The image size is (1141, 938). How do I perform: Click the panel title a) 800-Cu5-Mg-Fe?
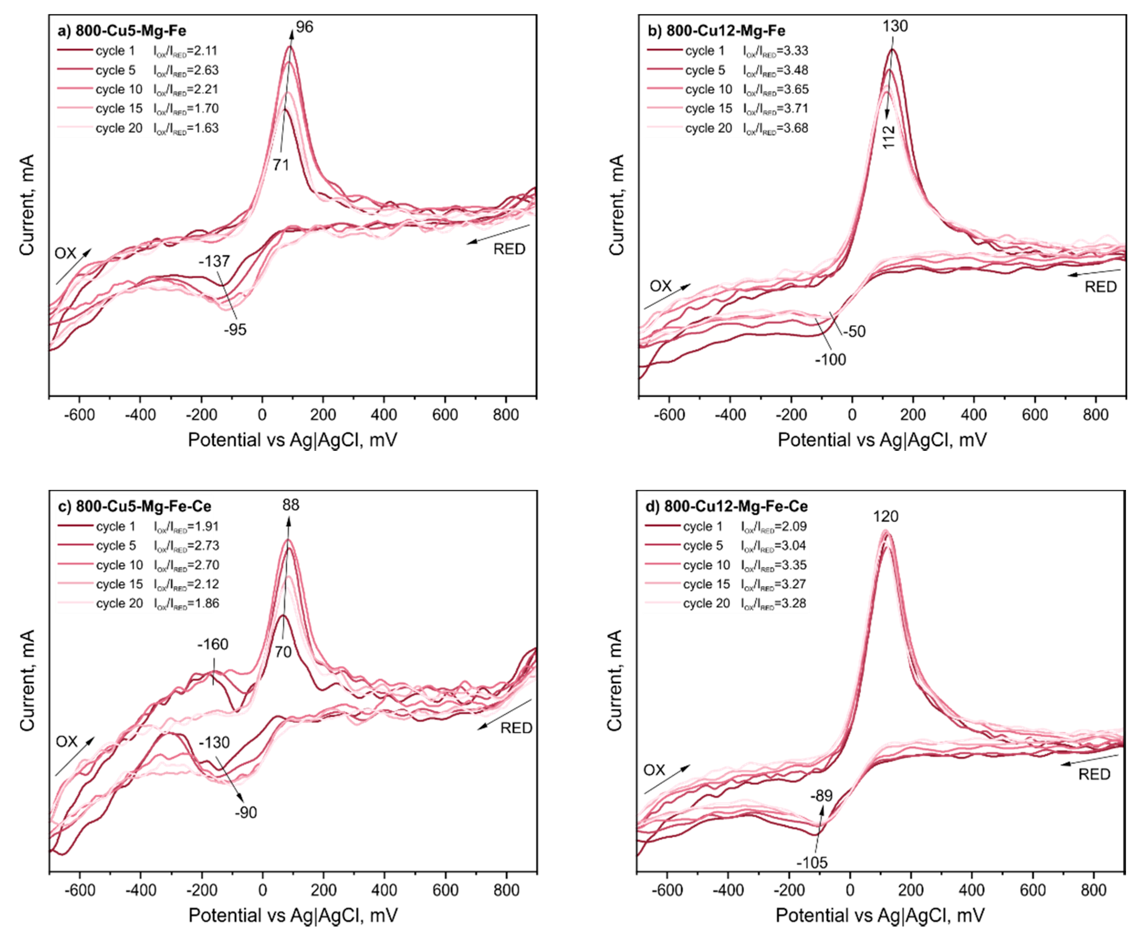tap(122, 30)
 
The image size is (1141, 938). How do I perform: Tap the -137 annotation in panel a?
tap(214, 262)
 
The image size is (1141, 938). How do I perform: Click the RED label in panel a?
tap(509, 249)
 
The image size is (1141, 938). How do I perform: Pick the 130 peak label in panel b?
tap(895, 26)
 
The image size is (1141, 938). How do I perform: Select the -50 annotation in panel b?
tap(854, 331)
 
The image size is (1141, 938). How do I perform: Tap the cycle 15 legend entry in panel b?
tap(708, 108)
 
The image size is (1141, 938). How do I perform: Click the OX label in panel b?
tap(660, 286)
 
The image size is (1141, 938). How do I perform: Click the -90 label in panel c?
tap(246, 813)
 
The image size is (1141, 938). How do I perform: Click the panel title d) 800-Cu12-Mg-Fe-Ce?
tap(727, 506)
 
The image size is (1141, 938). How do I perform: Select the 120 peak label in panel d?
tap(886, 516)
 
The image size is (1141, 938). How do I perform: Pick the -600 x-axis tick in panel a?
tap(79, 415)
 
